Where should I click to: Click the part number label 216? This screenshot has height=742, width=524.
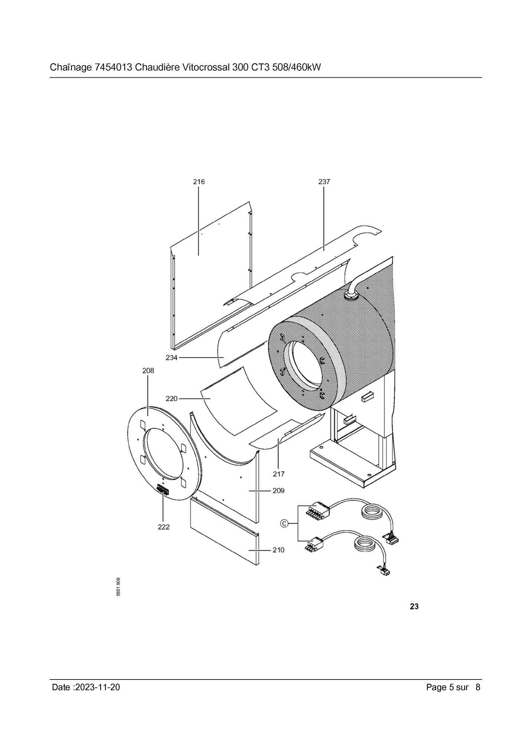pos(199,182)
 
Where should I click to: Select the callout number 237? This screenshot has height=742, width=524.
pos(324,182)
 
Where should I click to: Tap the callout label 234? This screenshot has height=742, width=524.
pos(172,358)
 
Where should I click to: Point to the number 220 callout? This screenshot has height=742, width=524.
pos(172,399)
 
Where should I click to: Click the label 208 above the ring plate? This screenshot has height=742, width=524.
pos(148,371)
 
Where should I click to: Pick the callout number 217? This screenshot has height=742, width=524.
pos(278,474)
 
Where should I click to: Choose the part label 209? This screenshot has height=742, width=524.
pos(278,491)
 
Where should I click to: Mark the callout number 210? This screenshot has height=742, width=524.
pos(278,550)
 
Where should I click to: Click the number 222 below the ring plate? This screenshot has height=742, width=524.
pos(164,527)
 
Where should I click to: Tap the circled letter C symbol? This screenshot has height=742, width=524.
pos(284,524)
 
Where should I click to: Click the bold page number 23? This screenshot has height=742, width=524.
pos(414,607)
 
